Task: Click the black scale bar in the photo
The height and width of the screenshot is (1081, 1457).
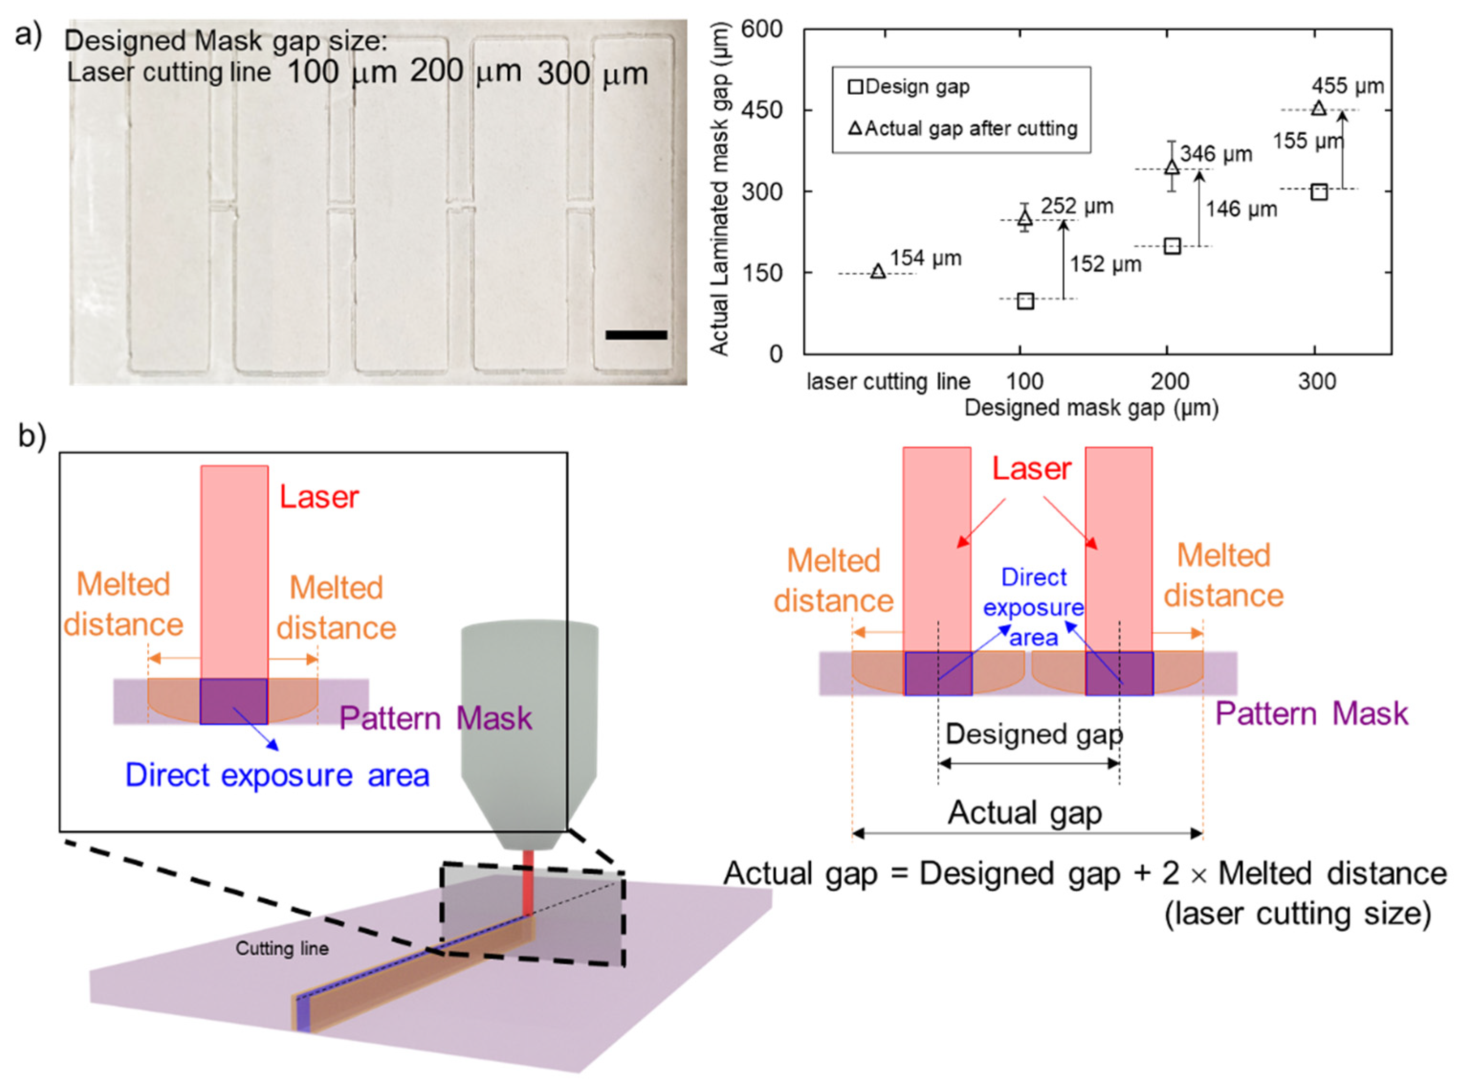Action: click(x=635, y=334)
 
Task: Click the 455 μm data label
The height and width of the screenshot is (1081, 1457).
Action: click(x=1348, y=86)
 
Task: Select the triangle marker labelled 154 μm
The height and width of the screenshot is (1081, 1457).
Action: click(x=878, y=271)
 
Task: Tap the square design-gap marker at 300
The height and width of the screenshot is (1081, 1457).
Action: click(x=1319, y=192)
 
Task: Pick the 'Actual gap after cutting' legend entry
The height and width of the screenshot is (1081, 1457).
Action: click(x=963, y=128)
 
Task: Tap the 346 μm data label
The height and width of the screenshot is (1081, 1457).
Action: click(x=1216, y=154)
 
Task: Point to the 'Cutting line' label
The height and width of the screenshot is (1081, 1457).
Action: click(x=282, y=948)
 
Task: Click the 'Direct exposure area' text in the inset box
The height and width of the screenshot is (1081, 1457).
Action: click(x=277, y=775)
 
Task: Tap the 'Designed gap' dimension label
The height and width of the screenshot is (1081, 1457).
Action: click(x=1034, y=734)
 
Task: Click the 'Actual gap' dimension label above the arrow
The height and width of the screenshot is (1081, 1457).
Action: click(x=1025, y=813)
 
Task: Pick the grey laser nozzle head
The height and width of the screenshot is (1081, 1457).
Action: click(x=529, y=727)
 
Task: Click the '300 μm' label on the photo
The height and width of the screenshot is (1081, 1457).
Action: click(x=592, y=74)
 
